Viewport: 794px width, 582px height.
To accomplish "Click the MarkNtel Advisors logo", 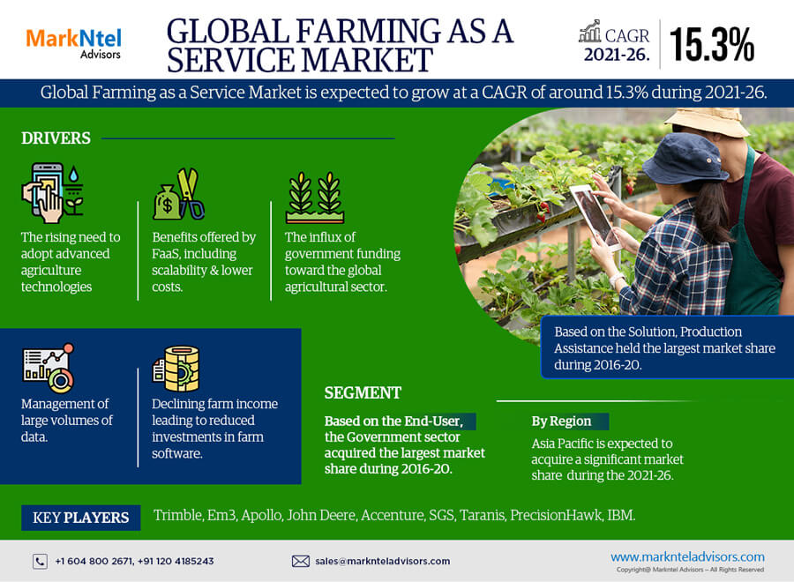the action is click(x=73, y=44).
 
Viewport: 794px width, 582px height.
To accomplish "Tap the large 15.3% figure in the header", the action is click(x=711, y=45).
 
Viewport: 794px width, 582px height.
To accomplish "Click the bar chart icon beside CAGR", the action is click(x=590, y=32).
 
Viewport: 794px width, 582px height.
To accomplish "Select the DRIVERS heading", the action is click(x=56, y=138).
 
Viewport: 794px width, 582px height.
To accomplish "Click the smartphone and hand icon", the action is click(x=52, y=193).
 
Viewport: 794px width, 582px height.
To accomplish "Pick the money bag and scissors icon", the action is click(x=179, y=194).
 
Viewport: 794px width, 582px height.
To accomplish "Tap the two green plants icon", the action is click(x=315, y=198).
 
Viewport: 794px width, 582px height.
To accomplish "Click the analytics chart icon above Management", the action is click(x=49, y=368).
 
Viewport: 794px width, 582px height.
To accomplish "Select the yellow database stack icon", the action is click(x=176, y=369).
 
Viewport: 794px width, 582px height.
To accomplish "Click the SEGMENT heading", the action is click(x=363, y=392).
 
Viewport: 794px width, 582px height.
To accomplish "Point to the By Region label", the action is click(x=561, y=421).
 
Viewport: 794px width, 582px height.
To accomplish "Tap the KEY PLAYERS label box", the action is click(x=81, y=518).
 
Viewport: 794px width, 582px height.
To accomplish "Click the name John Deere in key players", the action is click(x=321, y=515).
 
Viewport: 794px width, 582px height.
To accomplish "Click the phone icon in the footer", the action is click(x=40, y=561).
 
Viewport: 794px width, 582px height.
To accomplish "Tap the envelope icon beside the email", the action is click(x=300, y=561).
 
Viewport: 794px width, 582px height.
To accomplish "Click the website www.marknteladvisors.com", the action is click(x=687, y=556).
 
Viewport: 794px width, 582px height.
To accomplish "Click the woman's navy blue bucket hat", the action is click(x=685, y=159).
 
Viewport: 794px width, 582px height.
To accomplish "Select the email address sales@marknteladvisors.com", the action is click(x=382, y=561).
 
